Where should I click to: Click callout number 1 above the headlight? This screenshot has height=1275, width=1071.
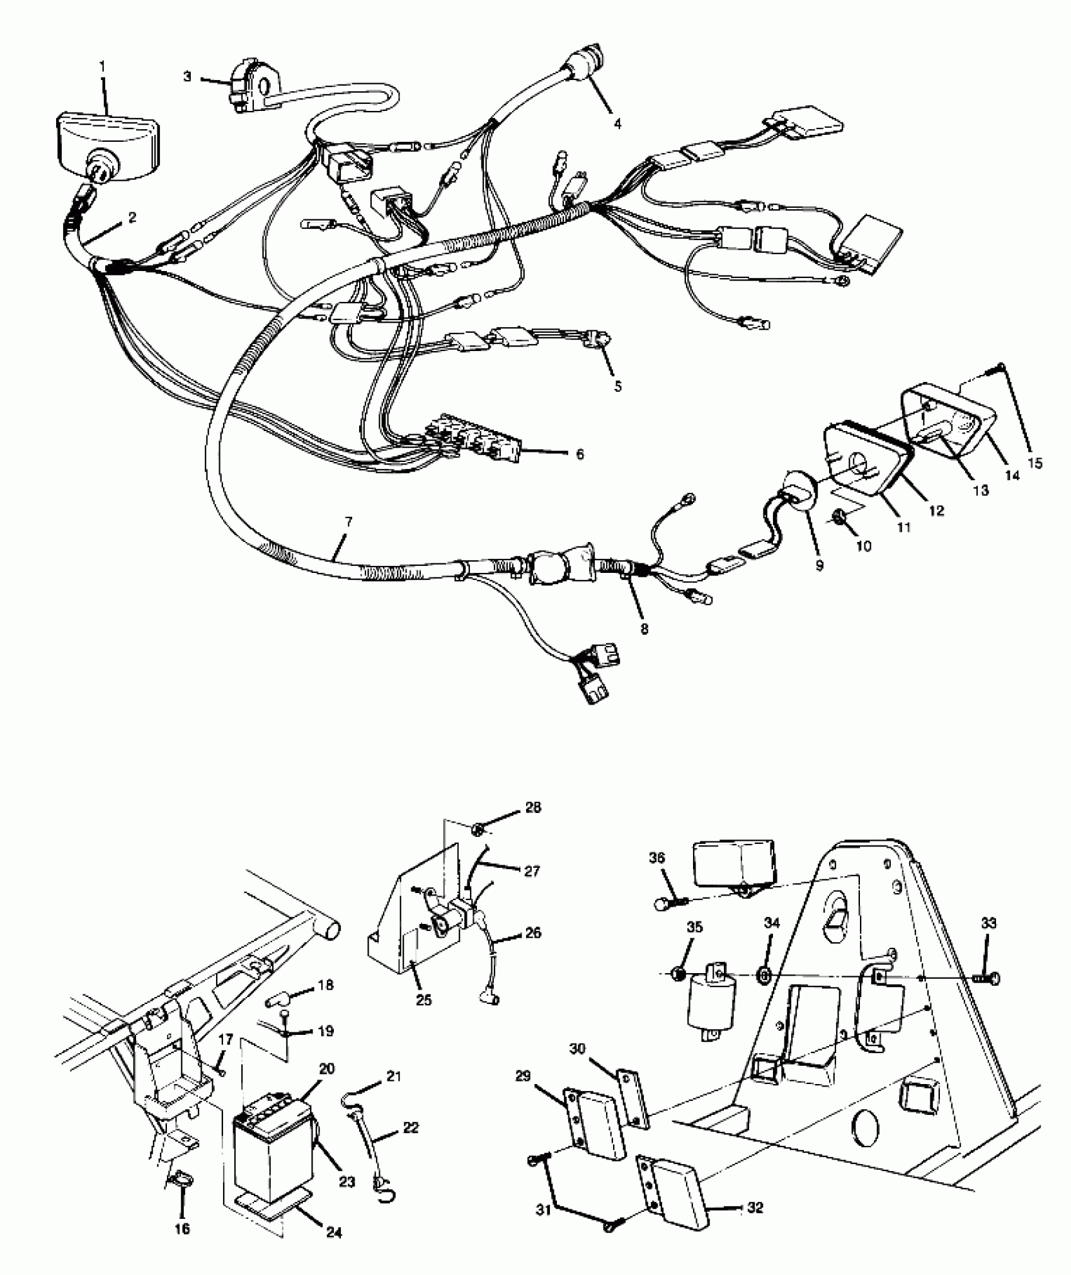(103, 66)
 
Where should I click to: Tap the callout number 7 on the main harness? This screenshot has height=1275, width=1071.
(348, 522)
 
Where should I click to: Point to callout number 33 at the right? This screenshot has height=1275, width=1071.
(989, 924)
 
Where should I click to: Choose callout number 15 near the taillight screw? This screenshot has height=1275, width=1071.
(1034, 463)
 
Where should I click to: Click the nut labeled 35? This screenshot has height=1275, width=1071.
(678, 975)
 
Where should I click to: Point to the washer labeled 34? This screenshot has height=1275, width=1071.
(763, 976)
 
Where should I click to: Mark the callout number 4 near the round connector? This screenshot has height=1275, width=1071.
(618, 124)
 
